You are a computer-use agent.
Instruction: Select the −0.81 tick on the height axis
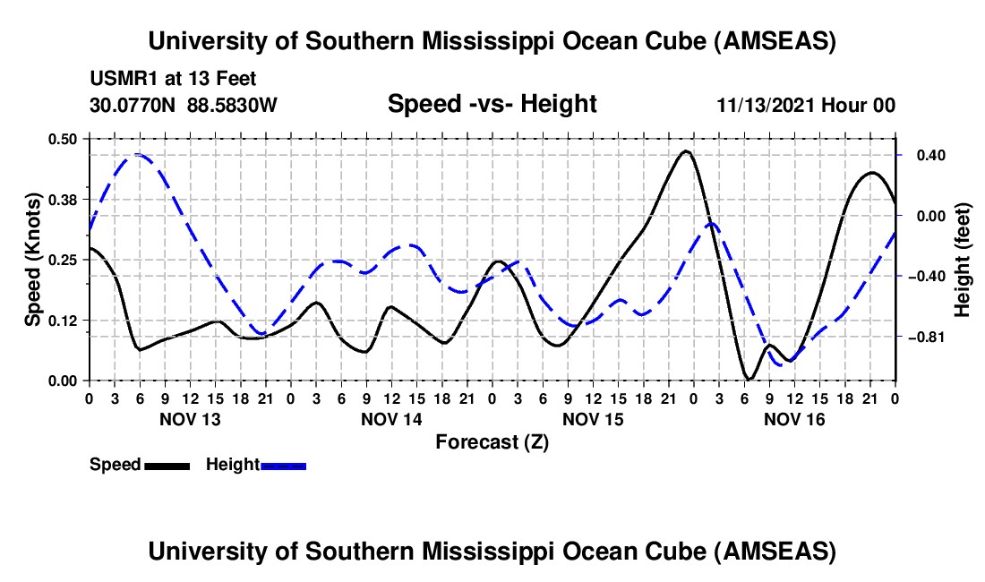929,338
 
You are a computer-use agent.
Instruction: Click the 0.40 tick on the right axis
929,155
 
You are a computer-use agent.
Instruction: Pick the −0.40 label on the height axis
929,277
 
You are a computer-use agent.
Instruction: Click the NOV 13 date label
188,419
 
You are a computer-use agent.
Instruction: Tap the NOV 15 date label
592,419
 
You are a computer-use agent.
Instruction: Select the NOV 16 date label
792,419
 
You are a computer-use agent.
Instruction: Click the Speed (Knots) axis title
33,260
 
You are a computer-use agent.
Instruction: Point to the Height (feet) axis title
963,260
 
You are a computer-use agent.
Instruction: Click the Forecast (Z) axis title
492,441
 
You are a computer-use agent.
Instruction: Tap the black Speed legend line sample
167,466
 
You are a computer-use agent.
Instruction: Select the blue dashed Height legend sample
283,466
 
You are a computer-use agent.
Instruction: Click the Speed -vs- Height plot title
492,104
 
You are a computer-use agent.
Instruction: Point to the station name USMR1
121,79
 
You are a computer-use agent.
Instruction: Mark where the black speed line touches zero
749,380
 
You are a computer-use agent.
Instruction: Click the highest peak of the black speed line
686,150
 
